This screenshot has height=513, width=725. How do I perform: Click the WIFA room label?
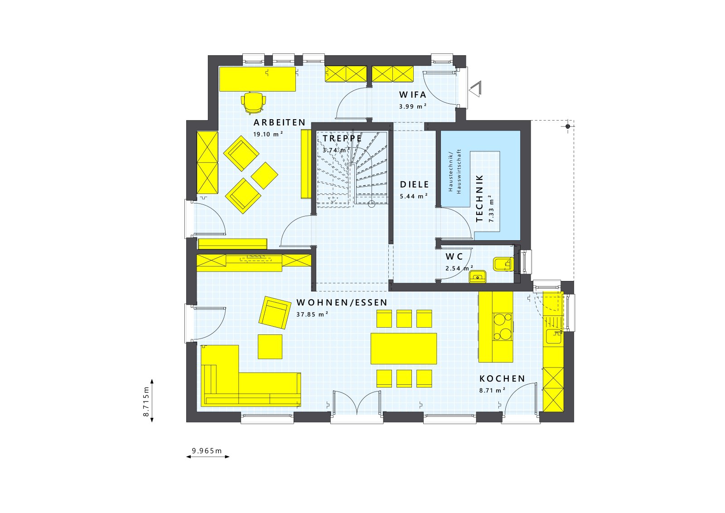click(x=412, y=95)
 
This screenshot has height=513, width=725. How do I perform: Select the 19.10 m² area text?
click(x=268, y=134)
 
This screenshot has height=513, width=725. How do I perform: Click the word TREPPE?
click(x=342, y=138)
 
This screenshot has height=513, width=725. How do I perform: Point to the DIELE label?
click(x=414, y=184)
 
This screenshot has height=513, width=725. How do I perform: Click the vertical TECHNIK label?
click(x=480, y=198)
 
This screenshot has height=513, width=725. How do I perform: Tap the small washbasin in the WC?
click(x=477, y=276)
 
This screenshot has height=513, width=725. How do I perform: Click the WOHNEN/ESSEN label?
click(x=342, y=302)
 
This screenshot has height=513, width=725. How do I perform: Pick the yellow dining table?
click(x=403, y=348)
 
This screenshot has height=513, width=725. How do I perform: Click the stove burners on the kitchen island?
click(x=502, y=327)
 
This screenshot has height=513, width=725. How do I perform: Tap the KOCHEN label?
click(x=502, y=378)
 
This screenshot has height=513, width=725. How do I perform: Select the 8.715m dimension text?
click(x=146, y=402)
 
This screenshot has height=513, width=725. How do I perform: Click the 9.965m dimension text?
click(x=207, y=450)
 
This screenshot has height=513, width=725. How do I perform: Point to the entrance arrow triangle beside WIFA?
click(x=476, y=88)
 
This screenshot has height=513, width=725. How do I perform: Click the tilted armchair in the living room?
click(x=275, y=312)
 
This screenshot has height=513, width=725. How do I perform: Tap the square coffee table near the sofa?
click(x=270, y=347)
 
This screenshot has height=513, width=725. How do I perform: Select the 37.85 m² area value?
click(x=312, y=314)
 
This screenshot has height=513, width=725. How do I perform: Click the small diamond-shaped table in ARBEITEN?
click(x=264, y=175)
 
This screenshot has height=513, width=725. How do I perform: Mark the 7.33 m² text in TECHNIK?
click(x=491, y=208)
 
